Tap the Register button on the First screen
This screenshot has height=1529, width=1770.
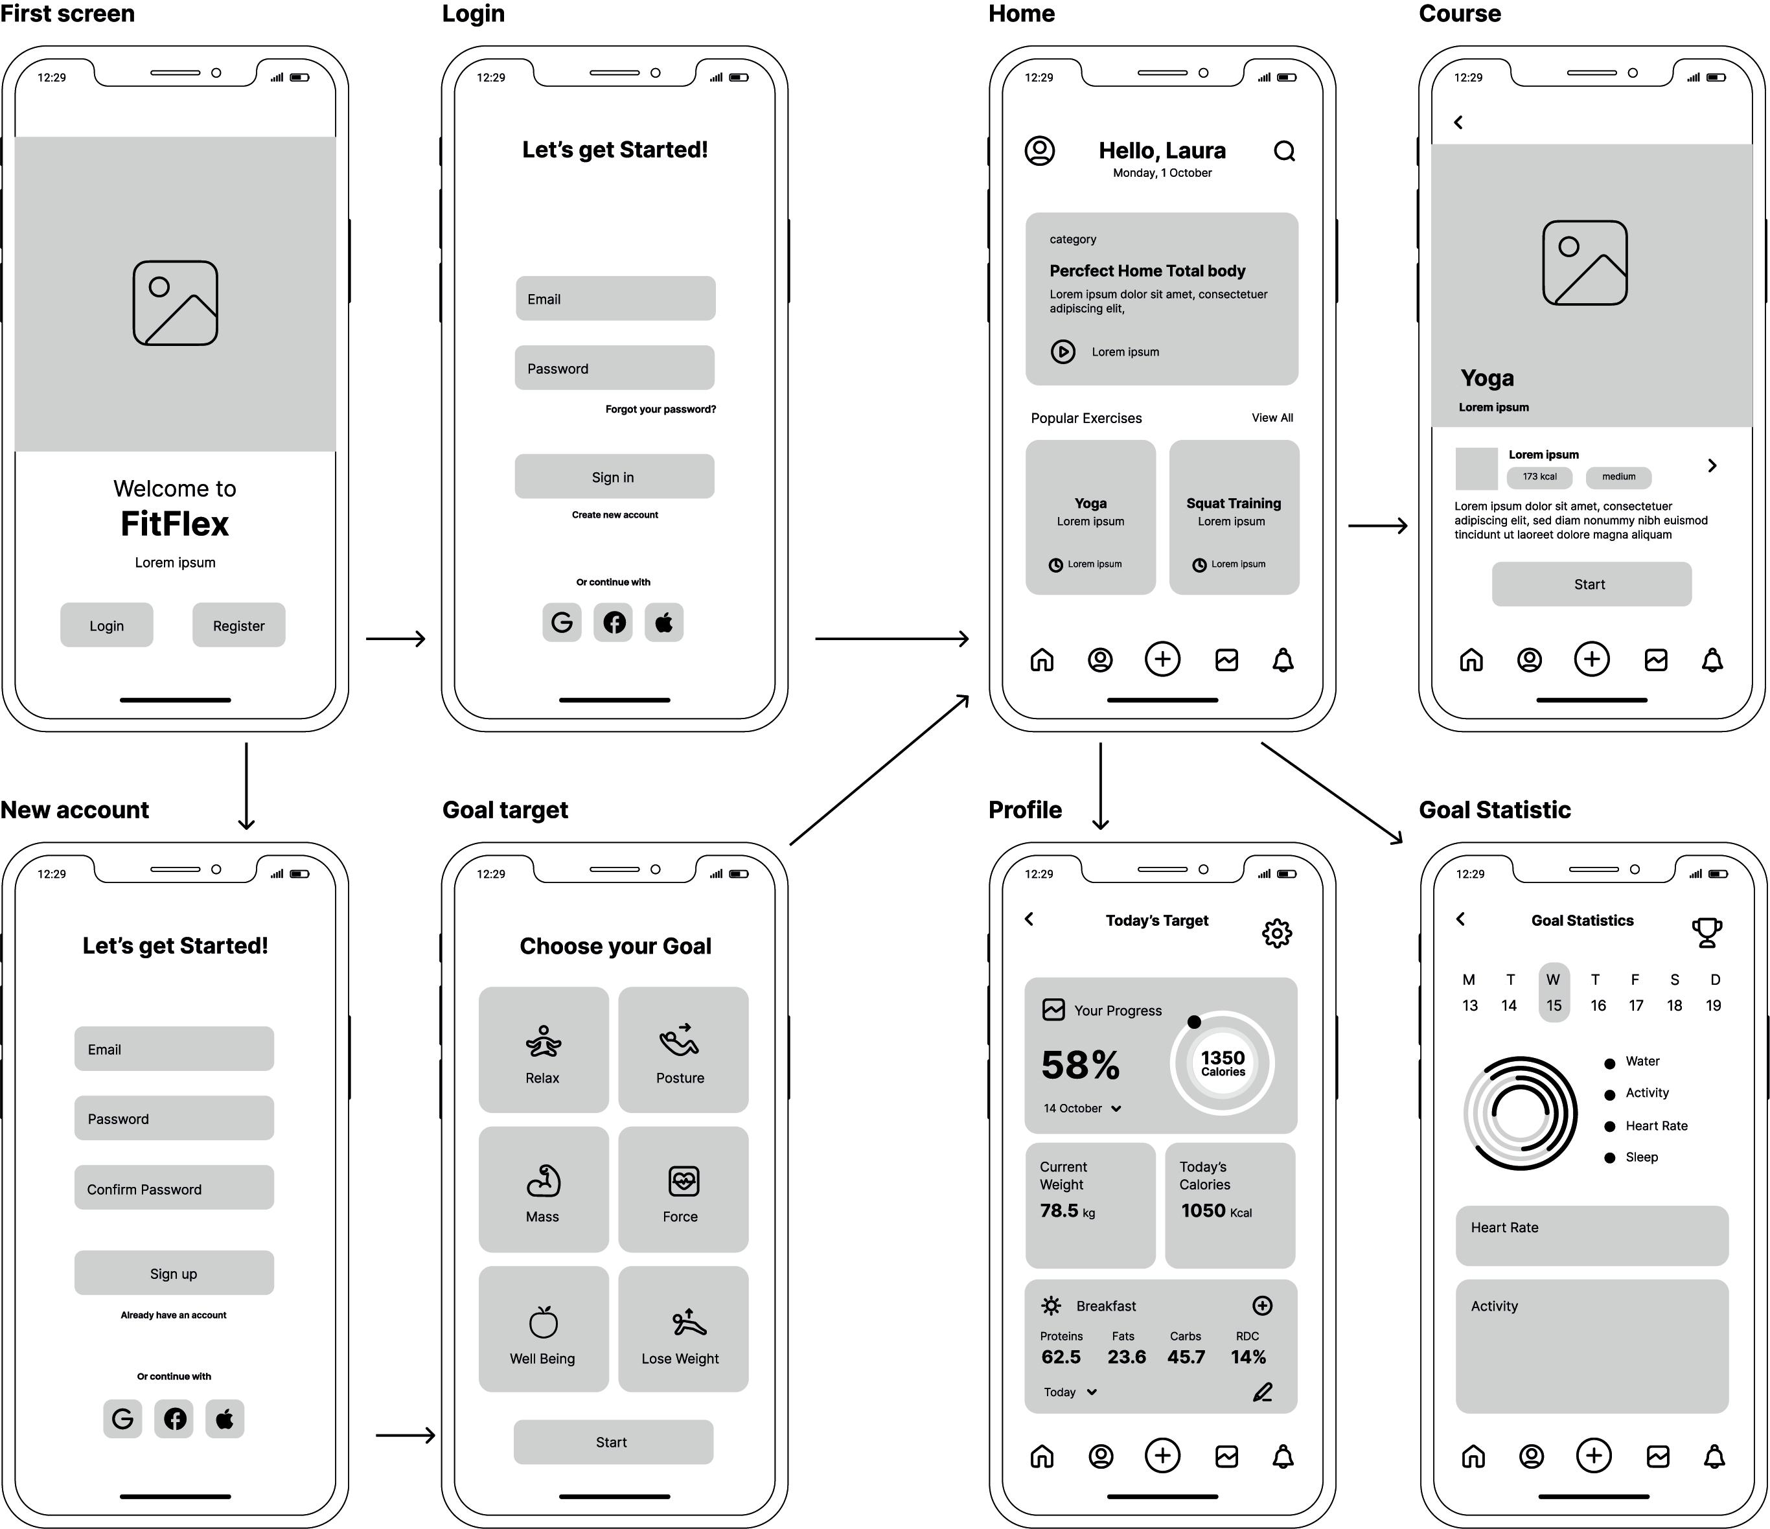(x=238, y=625)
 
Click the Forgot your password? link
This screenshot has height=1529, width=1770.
(x=660, y=409)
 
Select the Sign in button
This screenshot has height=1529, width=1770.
(x=614, y=477)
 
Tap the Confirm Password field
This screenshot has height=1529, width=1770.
(x=174, y=1188)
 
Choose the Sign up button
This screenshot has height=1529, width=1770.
(x=174, y=1272)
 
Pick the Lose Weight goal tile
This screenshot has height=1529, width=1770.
(x=683, y=1328)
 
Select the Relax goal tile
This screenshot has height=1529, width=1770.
(x=544, y=1050)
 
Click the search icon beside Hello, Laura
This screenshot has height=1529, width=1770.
(x=1284, y=151)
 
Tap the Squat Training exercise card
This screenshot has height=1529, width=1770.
(x=1234, y=517)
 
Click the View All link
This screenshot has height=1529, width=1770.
(x=1272, y=418)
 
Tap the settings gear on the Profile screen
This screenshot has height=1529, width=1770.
(x=1277, y=933)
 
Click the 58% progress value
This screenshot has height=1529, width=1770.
(x=1080, y=1065)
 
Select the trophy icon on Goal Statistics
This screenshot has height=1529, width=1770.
(x=1706, y=932)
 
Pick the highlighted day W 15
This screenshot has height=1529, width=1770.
(x=1553, y=993)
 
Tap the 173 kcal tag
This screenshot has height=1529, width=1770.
(x=1539, y=477)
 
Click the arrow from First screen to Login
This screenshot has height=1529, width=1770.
(x=395, y=638)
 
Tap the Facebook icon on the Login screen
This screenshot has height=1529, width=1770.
(x=614, y=622)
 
